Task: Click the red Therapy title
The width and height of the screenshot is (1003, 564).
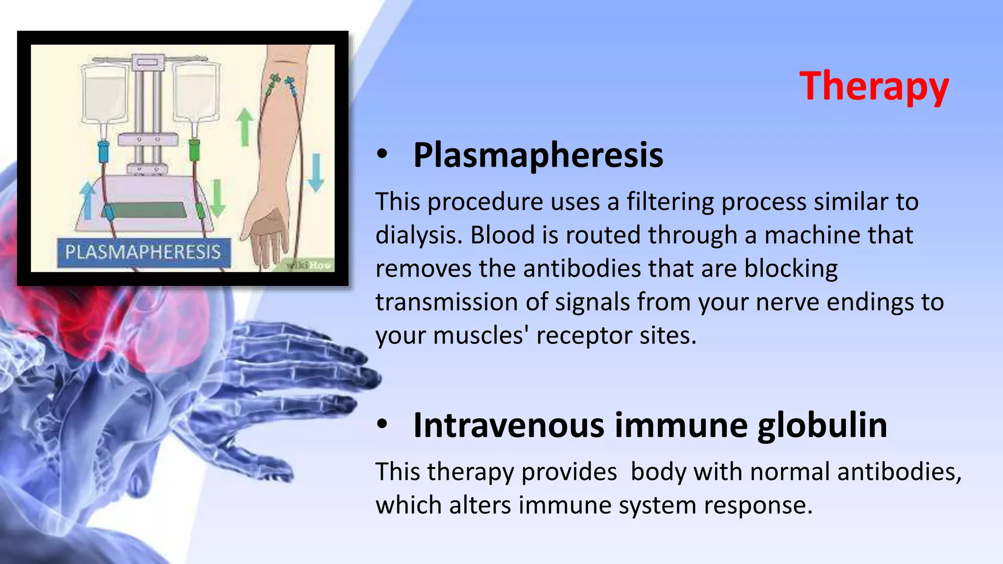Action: pos(874,87)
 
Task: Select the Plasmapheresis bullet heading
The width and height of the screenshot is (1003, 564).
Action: pos(538,155)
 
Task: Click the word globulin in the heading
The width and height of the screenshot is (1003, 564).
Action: pos(822,425)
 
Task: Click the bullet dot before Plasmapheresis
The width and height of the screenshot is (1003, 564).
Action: pos(382,155)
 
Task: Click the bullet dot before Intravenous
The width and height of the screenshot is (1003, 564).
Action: pos(382,424)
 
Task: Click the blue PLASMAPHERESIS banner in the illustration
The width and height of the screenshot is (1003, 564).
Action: pos(143,252)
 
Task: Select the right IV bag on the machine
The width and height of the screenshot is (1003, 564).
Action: pos(195,93)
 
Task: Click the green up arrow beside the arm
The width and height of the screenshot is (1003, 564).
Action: pos(245,127)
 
